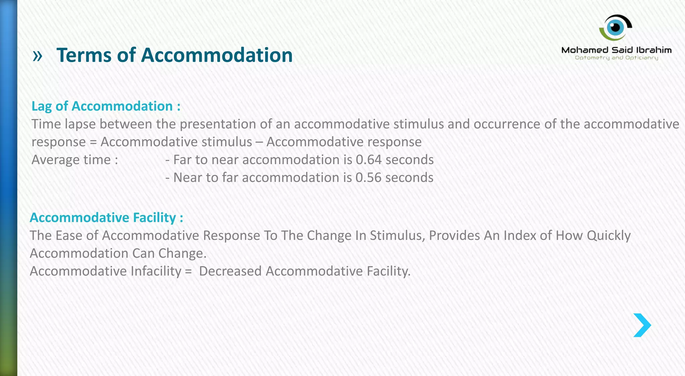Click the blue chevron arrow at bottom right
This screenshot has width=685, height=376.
click(642, 325)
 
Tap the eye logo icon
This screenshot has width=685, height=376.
click(615, 27)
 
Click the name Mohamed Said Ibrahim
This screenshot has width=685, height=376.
click(616, 50)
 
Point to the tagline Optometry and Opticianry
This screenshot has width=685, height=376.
click(616, 58)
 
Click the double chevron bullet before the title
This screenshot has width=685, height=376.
click(37, 56)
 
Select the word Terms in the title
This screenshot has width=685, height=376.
click(84, 55)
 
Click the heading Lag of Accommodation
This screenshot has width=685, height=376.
click(106, 106)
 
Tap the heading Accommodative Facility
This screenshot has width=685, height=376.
click(106, 218)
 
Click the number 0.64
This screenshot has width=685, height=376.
click(368, 160)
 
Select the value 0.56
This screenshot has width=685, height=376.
click(368, 177)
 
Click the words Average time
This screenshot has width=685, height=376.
click(74, 160)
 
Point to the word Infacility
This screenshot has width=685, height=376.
click(156, 271)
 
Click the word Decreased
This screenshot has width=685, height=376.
click(230, 271)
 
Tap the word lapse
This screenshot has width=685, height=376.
click(80, 124)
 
